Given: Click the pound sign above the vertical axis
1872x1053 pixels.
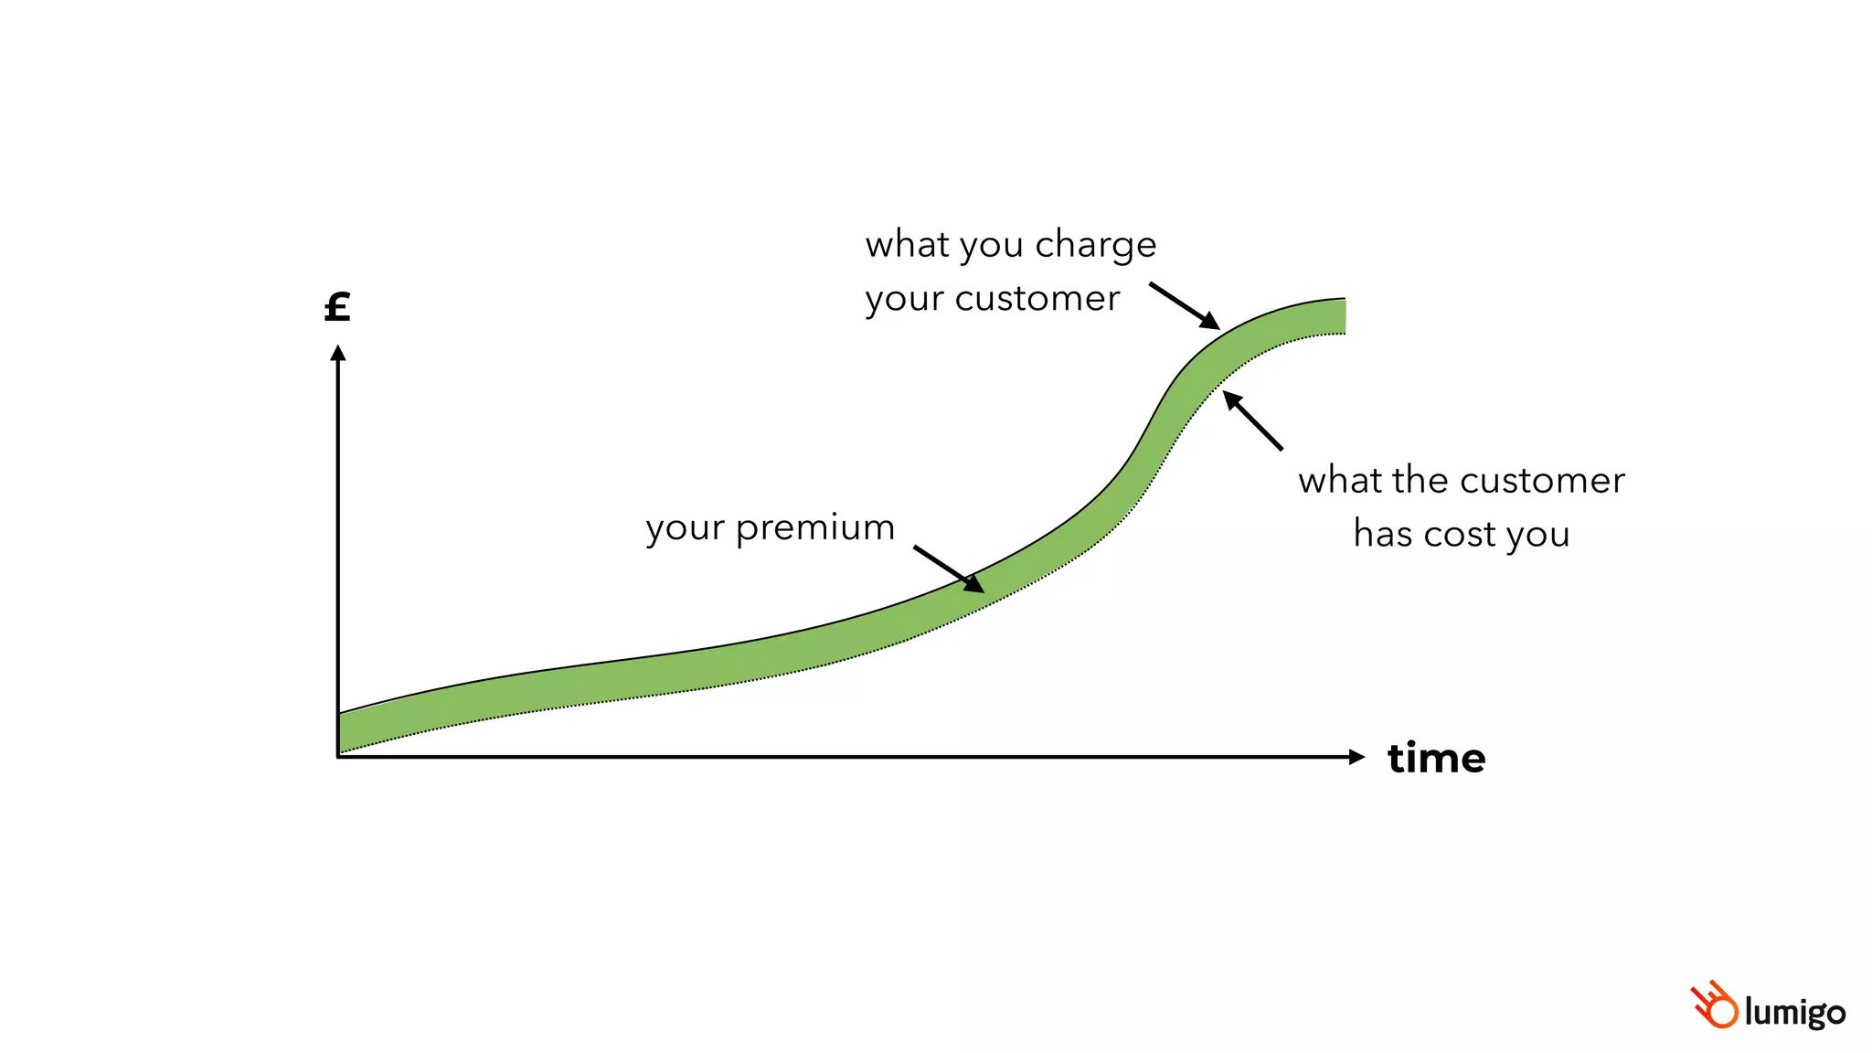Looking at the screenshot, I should tap(337, 307).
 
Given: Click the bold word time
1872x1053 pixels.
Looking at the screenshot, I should tap(1436, 759).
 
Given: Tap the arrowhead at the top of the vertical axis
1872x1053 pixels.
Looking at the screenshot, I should tap(338, 352).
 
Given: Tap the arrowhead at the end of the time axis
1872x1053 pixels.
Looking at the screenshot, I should tap(1356, 757).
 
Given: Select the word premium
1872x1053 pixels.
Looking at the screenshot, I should tap(814, 529).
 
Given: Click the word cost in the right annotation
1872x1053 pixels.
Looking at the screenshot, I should tap(1460, 535).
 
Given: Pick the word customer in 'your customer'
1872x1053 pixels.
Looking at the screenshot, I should tap(1037, 299).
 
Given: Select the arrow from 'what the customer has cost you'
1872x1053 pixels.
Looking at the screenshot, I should tap(1253, 421).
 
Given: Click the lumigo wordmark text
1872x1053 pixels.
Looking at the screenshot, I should tap(1794, 1013).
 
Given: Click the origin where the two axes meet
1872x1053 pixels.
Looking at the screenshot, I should tap(338, 757).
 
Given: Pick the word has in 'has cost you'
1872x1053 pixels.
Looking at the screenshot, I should tap(1382, 535).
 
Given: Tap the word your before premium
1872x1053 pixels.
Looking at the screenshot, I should tap(685, 529).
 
